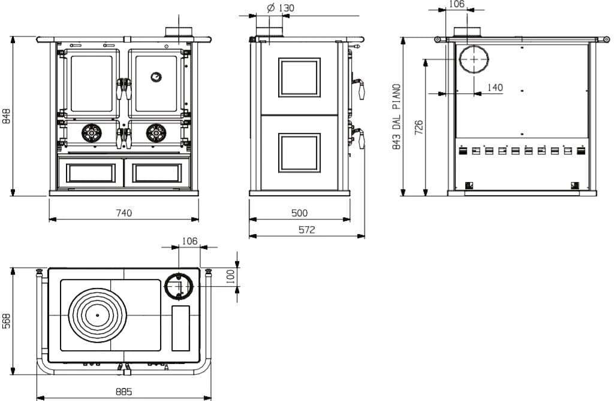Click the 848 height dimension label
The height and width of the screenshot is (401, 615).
point(6,116)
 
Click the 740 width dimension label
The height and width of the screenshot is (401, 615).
point(124,213)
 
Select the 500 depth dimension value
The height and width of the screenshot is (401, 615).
point(299,213)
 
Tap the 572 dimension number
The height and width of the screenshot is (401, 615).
point(307,230)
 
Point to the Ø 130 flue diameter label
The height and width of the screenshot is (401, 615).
point(281,8)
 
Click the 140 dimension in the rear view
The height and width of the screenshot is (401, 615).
point(495,87)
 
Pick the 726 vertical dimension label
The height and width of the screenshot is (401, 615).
point(419,127)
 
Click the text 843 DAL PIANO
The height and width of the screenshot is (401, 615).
point(397,117)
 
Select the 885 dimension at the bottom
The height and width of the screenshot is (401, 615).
point(124,391)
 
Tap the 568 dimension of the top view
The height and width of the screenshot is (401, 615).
point(6,321)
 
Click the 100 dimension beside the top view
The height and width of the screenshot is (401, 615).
point(231,276)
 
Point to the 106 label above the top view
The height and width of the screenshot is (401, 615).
point(190,241)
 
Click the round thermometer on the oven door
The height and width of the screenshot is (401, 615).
point(156,77)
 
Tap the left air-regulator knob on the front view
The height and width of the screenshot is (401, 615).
point(92,133)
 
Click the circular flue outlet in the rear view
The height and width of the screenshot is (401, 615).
point(474,59)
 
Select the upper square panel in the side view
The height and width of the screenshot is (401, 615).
point(299,77)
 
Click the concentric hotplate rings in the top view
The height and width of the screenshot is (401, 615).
point(97,315)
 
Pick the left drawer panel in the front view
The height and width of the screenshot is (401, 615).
point(91,173)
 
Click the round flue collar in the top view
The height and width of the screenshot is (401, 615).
point(179,286)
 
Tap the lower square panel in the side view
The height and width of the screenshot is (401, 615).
point(299,153)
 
